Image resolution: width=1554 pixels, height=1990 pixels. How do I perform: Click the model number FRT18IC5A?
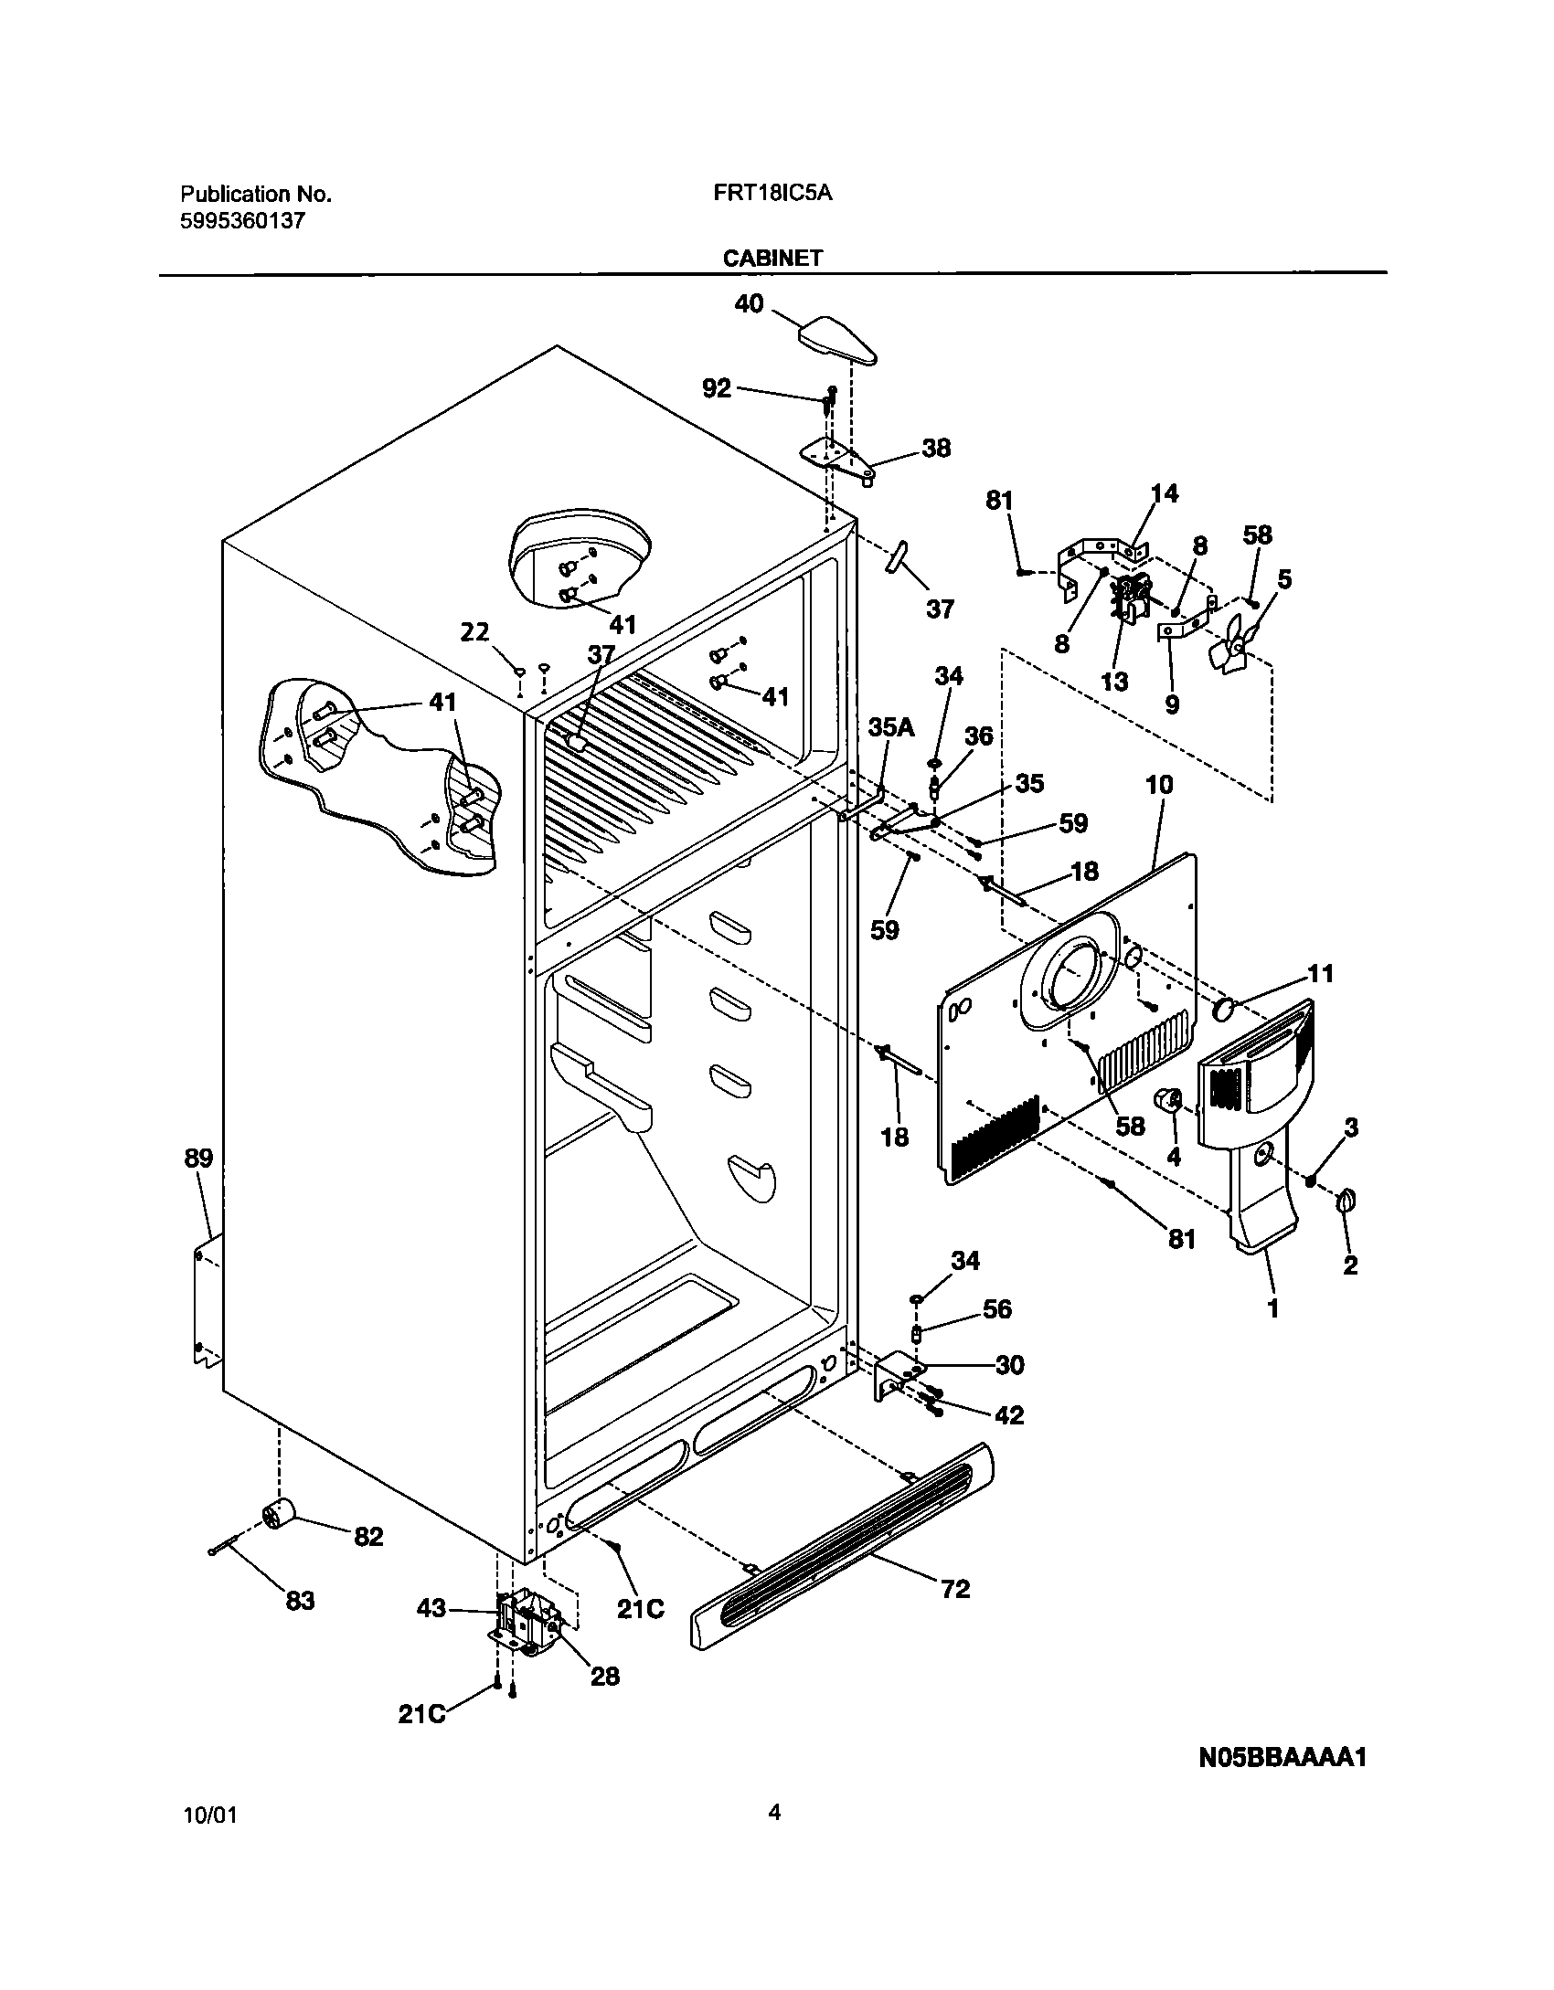[x=773, y=194]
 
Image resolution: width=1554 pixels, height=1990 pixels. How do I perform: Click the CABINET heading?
[x=772, y=259]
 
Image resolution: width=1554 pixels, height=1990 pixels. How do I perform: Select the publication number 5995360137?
[x=242, y=220]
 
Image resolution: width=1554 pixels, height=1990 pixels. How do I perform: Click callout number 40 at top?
[x=749, y=304]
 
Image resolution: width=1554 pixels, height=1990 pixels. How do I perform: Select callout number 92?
[x=717, y=388]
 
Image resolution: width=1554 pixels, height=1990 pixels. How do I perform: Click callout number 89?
[x=198, y=1159]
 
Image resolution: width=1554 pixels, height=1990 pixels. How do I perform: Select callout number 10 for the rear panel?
[x=1159, y=785]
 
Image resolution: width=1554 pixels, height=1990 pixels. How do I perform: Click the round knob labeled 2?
[x=1346, y=1202]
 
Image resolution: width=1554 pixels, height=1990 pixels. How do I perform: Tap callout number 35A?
[x=890, y=727]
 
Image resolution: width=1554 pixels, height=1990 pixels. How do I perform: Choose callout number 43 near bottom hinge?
[x=431, y=1609]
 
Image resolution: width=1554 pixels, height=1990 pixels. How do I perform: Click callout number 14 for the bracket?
[x=1164, y=493]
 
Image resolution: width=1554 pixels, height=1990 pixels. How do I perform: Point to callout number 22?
[x=474, y=632]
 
